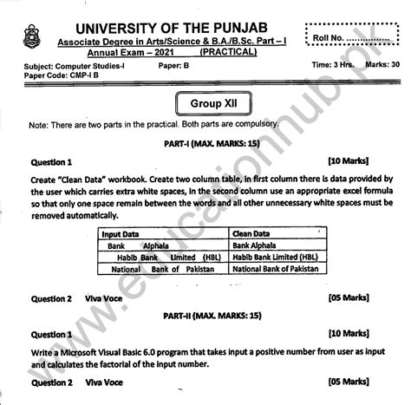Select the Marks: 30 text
click(382, 65)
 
